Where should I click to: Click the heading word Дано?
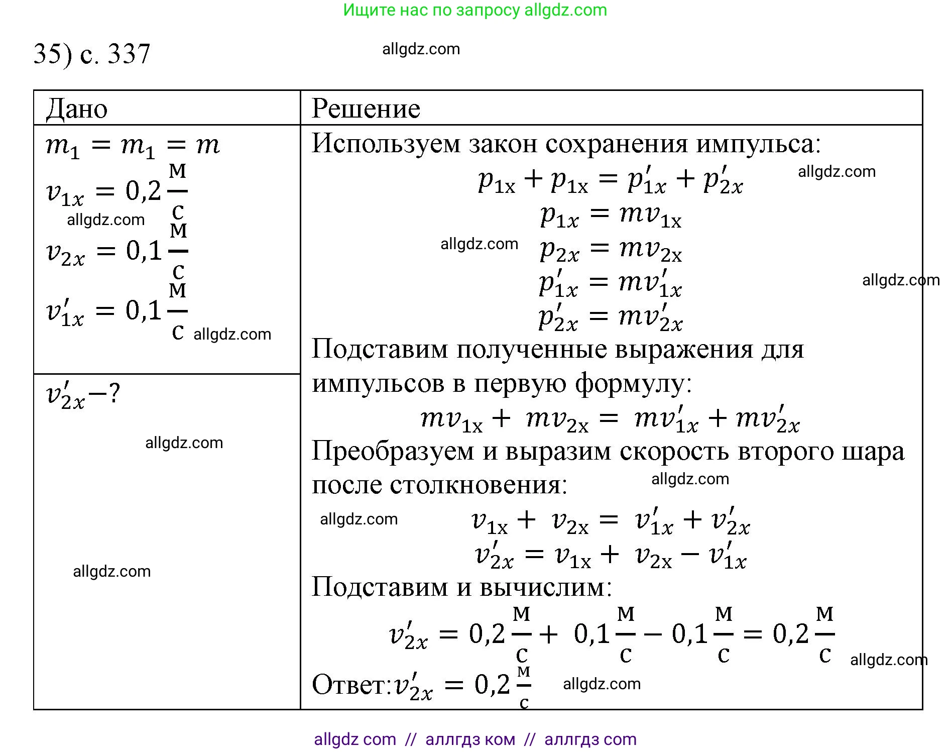(77, 109)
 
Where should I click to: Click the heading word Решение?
(366, 109)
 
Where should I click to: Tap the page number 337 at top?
(129, 54)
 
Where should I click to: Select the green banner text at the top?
(475, 10)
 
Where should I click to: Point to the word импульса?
(758, 144)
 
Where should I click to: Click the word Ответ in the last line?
(349, 684)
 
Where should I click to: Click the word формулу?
(633, 383)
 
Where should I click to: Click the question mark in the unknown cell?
(114, 393)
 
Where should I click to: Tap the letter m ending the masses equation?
(208, 145)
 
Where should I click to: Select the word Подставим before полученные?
(380, 349)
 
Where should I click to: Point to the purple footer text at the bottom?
(475, 739)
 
